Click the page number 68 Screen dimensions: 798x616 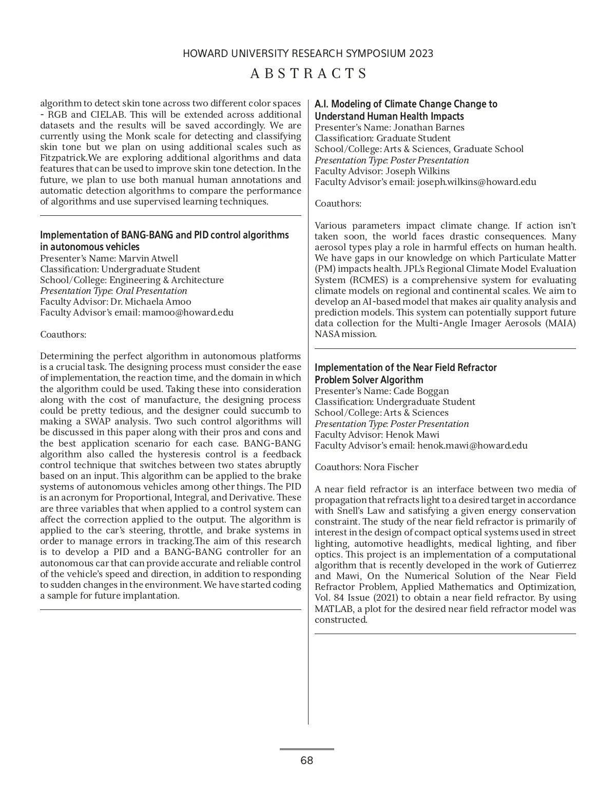coord(307,760)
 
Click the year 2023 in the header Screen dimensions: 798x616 coord(421,54)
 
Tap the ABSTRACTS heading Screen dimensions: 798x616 coord(309,73)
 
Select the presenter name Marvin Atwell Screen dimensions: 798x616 coord(148,258)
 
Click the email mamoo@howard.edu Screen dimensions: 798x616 coord(188,312)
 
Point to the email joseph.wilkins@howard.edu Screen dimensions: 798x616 coord(476,182)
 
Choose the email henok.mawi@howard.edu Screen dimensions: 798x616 coord(472,446)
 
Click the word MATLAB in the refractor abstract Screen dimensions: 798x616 coord(334,609)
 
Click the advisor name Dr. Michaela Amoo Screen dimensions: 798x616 coord(150,302)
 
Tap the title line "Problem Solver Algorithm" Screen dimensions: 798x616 coord(369,380)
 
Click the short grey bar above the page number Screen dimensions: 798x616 coord(307,749)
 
